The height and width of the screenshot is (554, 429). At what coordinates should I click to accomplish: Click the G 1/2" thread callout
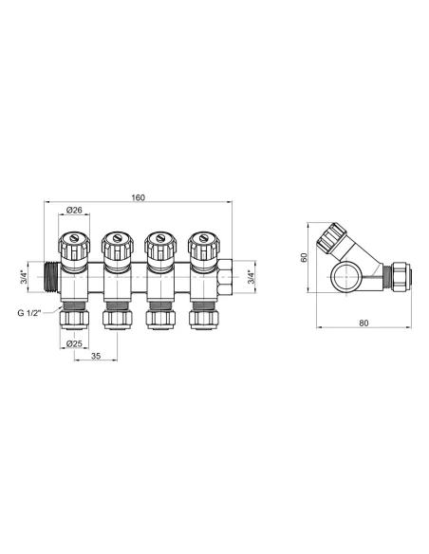coord(31,312)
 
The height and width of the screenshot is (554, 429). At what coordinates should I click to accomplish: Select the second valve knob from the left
coord(116,246)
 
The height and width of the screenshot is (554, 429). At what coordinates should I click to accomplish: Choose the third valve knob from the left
coord(158,246)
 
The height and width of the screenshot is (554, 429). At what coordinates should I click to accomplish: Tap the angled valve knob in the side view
coord(337,238)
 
